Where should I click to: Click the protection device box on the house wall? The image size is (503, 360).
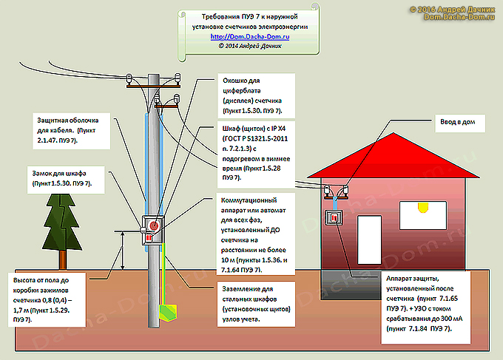(335, 219)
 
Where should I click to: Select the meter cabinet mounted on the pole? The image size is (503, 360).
(153, 230)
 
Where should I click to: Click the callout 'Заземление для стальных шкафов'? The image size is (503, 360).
(256, 302)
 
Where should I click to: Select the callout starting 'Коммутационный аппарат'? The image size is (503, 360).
(256, 235)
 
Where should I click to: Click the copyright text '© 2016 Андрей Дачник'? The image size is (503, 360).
(453, 8)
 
